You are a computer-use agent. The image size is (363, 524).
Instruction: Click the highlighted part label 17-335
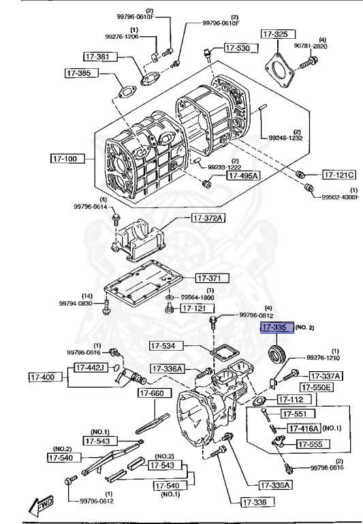[x=277, y=328]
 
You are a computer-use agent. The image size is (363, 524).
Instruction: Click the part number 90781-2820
[x=329, y=46]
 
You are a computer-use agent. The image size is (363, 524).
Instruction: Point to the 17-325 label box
[x=277, y=33]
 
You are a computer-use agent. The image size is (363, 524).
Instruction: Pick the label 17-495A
[x=242, y=175]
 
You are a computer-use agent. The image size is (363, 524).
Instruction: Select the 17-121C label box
[x=340, y=174]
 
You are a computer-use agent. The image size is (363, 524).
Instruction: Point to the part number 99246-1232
[x=285, y=138]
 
